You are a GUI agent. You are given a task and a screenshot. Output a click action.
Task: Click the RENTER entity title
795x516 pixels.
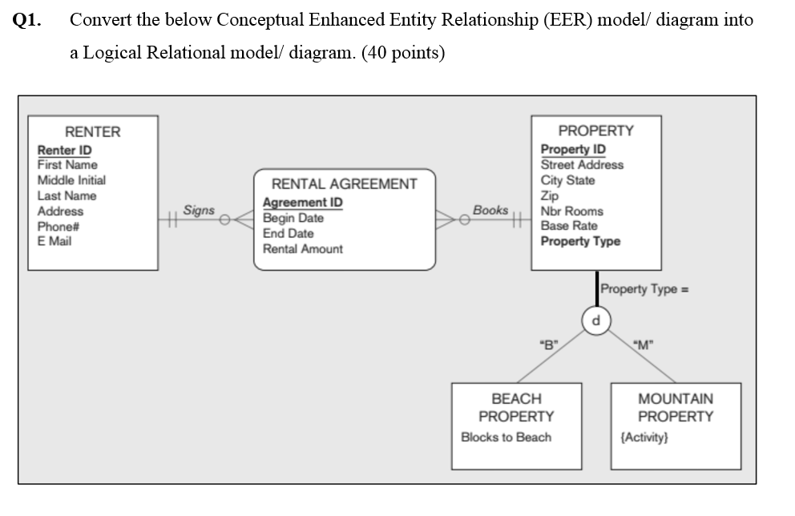click(x=92, y=132)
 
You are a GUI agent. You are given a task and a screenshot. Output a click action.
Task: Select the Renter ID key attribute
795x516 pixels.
click(x=64, y=150)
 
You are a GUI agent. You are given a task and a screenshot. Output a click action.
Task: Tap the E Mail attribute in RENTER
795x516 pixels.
click(x=54, y=241)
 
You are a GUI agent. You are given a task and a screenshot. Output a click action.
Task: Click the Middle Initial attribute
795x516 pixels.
click(x=71, y=180)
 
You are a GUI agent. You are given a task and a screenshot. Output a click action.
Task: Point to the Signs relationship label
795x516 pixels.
click(x=199, y=210)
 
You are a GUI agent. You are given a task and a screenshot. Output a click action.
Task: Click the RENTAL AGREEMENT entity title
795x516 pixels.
click(x=344, y=184)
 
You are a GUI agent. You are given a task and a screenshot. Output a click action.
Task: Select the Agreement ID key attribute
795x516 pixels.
click(x=302, y=203)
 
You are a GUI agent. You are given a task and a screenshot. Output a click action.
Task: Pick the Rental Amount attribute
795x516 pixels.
click(x=302, y=249)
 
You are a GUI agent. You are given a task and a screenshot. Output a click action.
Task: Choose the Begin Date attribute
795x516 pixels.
click(x=293, y=218)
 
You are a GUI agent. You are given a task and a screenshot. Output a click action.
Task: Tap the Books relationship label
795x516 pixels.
click(x=490, y=210)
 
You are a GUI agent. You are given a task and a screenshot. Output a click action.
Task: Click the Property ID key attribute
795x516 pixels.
click(x=573, y=149)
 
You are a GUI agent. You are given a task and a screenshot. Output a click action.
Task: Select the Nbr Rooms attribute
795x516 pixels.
click(x=571, y=211)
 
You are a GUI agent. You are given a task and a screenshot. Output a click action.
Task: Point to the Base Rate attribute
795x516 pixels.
click(x=568, y=226)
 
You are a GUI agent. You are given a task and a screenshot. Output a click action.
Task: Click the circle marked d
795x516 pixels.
click(x=595, y=321)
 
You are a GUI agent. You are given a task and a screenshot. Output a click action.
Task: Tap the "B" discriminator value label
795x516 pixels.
click(x=549, y=345)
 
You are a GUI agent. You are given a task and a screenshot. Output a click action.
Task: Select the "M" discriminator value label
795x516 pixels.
click(x=644, y=345)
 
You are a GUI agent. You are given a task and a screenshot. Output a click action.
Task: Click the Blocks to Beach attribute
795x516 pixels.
click(x=506, y=437)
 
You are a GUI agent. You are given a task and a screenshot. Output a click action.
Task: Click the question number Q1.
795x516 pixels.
click(x=28, y=21)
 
